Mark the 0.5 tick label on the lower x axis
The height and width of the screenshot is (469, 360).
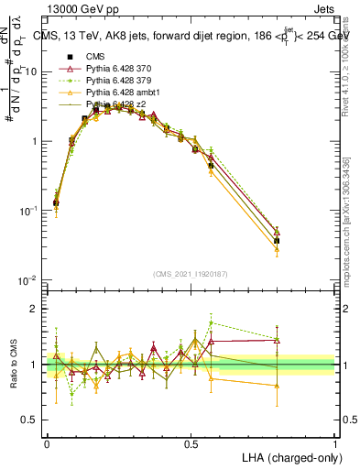[191, 442]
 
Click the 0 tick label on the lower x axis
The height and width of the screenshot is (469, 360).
[47, 442]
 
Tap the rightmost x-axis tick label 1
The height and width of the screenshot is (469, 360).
[334, 442]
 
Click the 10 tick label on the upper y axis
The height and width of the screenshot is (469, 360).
[32, 71]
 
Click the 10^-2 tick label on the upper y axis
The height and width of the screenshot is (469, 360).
[29, 280]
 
